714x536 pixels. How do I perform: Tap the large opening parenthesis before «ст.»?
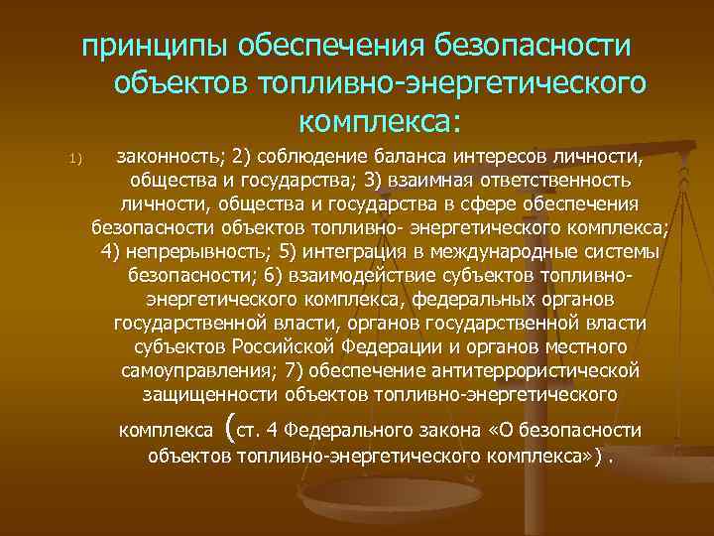tap(232, 428)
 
